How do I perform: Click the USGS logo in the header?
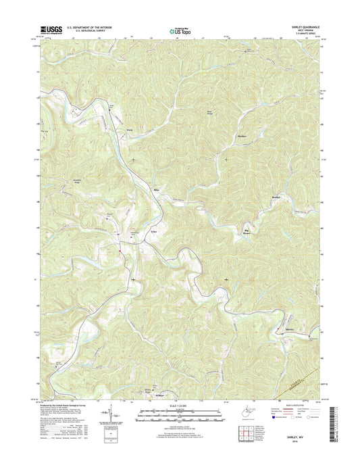point(51,29)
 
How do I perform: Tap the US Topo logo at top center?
point(179,30)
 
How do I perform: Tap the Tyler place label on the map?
point(153,231)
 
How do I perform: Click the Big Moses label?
point(246,234)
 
